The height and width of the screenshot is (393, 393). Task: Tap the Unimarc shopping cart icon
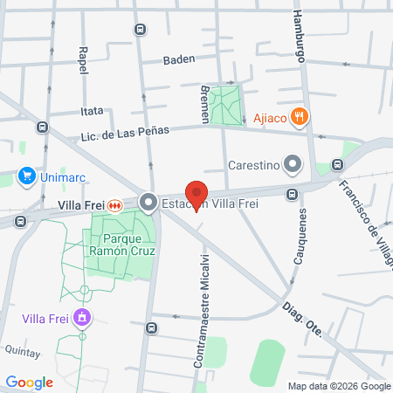[x=26, y=176]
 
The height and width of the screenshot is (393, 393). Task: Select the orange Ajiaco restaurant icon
[x=300, y=115]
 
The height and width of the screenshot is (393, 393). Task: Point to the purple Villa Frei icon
[x=82, y=316]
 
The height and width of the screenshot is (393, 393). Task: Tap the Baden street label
[x=179, y=59]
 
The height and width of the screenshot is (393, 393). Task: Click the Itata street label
[x=92, y=111]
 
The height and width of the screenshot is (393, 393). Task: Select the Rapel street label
[x=83, y=61]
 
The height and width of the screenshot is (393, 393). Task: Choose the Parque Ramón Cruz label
[x=123, y=244]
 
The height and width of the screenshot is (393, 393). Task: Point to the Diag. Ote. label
[x=302, y=320]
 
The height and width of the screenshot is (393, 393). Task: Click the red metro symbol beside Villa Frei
[x=114, y=205]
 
